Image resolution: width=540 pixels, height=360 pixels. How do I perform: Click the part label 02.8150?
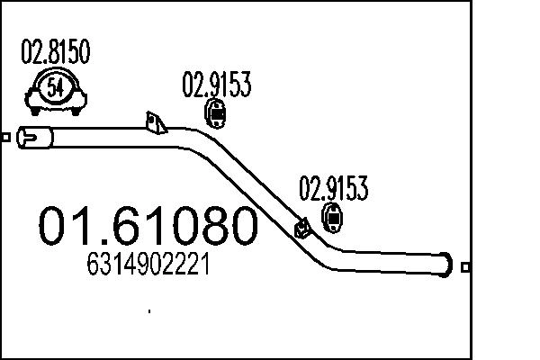55,55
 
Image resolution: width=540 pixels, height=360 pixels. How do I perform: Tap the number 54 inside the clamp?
55,88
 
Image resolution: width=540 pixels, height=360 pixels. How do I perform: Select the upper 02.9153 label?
216,85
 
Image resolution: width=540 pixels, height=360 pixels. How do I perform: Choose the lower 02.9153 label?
334,190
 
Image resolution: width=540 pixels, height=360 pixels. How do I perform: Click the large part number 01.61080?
147,227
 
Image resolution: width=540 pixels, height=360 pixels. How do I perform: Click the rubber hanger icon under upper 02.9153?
216,115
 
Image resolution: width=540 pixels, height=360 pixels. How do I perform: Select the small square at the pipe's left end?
6,138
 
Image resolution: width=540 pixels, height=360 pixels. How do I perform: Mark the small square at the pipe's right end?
464,266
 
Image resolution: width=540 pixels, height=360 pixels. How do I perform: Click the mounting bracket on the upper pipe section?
154,123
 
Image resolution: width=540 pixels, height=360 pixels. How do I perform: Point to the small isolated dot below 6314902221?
148,311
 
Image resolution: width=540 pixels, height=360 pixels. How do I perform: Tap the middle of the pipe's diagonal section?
261,193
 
